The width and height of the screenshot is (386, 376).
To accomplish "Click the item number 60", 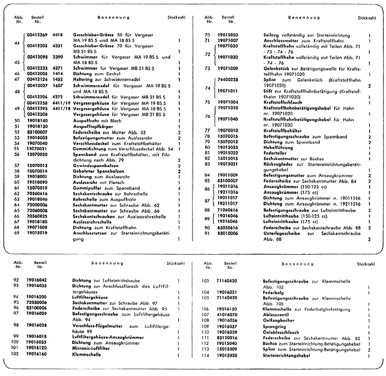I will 17,182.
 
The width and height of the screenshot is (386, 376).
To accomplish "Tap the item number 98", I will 17,325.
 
